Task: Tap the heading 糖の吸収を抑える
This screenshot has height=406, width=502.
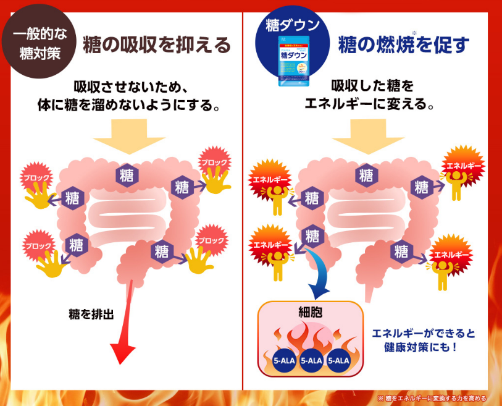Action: point(157,44)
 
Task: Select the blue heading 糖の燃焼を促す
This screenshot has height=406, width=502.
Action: point(404,44)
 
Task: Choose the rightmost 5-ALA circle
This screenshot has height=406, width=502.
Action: point(339,361)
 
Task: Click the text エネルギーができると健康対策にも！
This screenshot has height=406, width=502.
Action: point(423,340)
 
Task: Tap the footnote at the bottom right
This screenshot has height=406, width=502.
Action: point(432,398)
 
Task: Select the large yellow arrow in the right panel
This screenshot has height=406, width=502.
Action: point(369,137)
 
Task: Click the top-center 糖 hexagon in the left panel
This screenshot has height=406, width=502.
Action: point(127,175)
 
